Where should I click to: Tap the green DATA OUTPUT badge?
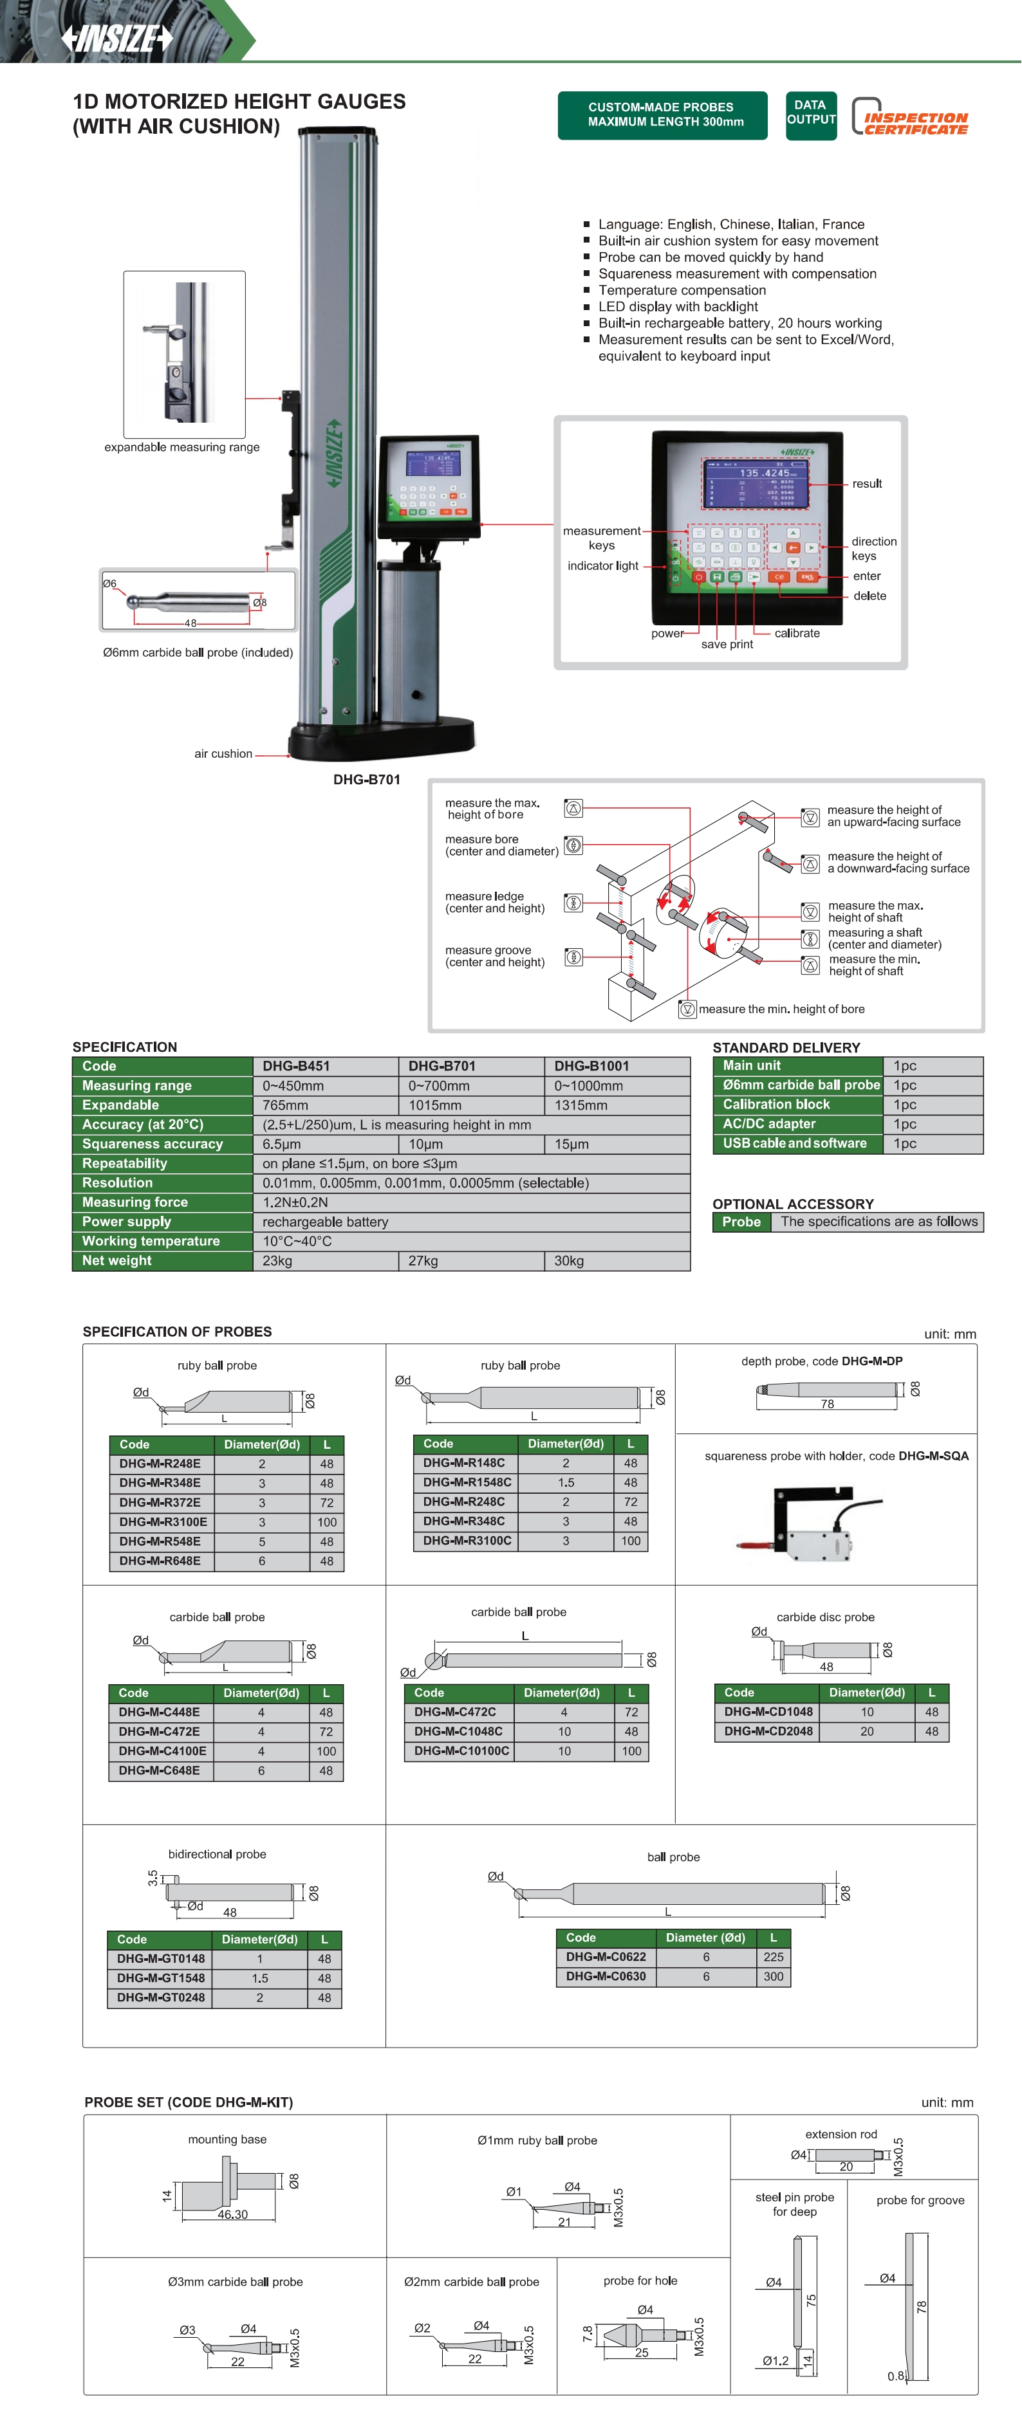810,113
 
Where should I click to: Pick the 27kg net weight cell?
423,1261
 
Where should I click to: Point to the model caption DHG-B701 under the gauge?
366,779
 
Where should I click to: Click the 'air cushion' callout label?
223,754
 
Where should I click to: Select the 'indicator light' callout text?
602,565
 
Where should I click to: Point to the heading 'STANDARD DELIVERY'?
786,1047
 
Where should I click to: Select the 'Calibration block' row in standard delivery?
776,1105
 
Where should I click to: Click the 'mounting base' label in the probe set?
227,2139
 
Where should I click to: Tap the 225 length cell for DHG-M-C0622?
774,1957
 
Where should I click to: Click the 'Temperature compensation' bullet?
682,290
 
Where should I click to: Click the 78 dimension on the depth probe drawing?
826,1404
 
